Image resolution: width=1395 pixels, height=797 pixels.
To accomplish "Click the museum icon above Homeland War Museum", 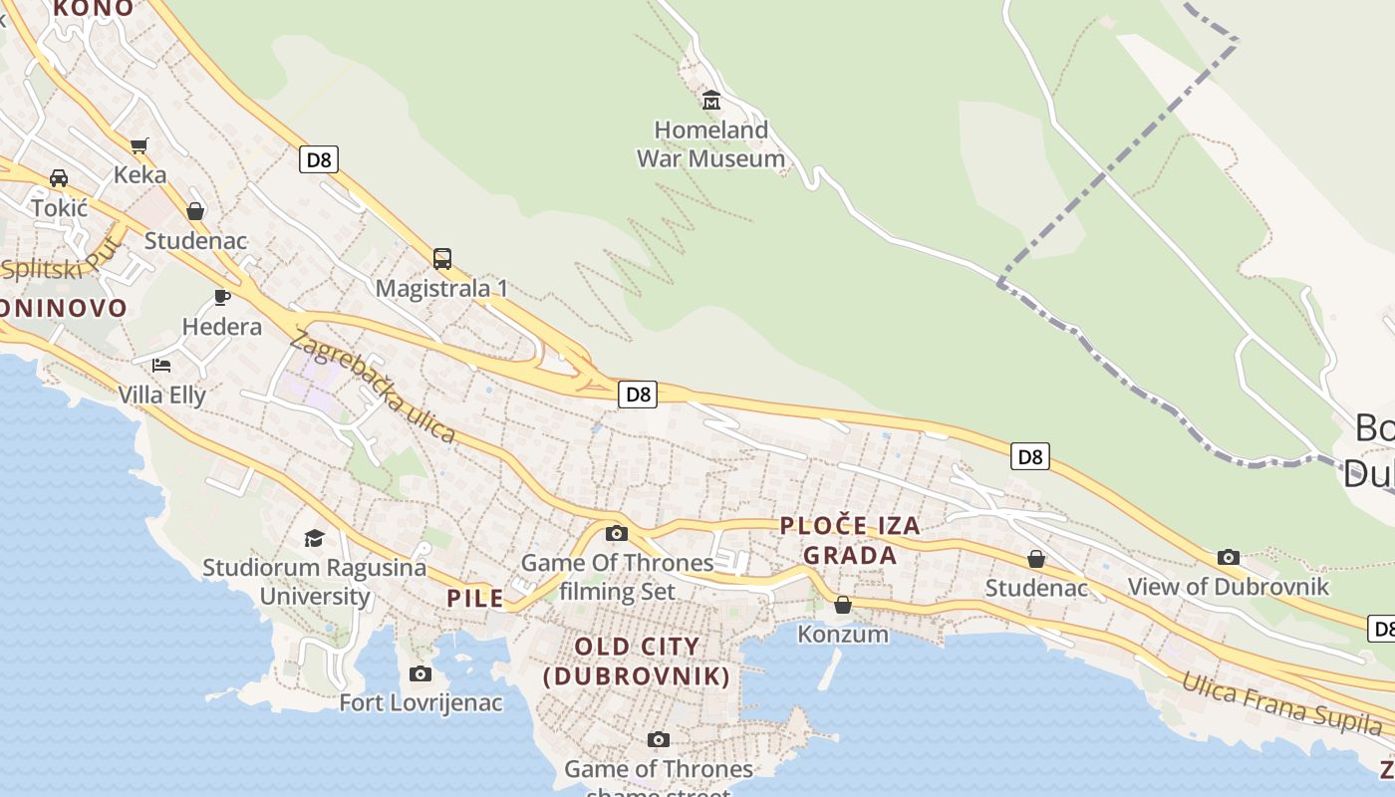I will pyautogui.click(x=711, y=101).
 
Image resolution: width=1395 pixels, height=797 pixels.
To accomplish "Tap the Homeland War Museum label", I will pyautogui.click(x=710, y=144).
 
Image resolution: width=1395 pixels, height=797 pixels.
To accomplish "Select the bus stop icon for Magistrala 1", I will pyautogui.click(x=442, y=259).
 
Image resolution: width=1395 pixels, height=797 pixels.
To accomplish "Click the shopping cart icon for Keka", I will pyautogui.click(x=139, y=145).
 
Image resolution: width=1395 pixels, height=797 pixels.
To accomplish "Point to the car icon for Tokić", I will pyautogui.click(x=59, y=178).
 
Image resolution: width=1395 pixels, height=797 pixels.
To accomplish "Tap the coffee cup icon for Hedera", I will pyautogui.click(x=222, y=297).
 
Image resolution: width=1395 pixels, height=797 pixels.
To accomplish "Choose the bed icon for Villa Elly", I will pyautogui.click(x=161, y=366).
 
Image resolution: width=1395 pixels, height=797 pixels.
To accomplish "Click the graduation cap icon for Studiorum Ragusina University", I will pyautogui.click(x=315, y=538).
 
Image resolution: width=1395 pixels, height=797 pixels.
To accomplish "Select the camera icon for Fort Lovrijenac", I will pyautogui.click(x=420, y=674).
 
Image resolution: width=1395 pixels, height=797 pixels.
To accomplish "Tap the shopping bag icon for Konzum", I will pyautogui.click(x=843, y=605).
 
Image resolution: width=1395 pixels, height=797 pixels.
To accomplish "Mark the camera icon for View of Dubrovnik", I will pyautogui.click(x=1228, y=557).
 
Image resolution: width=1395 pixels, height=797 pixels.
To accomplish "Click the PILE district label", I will pyautogui.click(x=475, y=599).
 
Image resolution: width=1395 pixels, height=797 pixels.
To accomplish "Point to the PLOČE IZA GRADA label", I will pyautogui.click(x=850, y=540).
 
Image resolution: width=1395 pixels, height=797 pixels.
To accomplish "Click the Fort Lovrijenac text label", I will pyautogui.click(x=420, y=703).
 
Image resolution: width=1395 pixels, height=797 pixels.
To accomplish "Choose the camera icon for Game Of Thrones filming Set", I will pyautogui.click(x=617, y=533).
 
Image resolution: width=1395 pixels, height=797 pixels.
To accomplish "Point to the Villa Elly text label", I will pyautogui.click(x=161, y=396).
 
